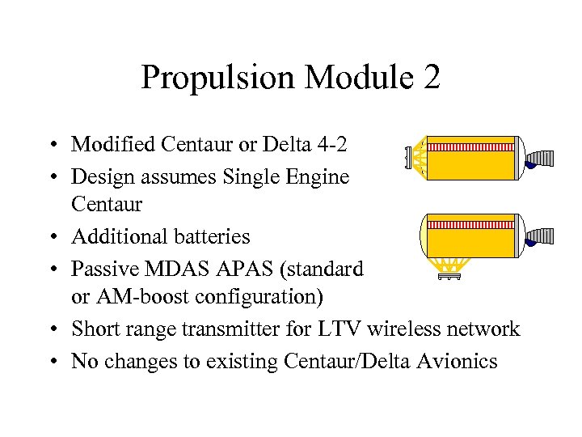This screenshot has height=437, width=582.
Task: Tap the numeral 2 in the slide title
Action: click(x=431, y=78)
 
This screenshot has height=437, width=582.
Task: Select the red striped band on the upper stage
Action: click(x=470, y=147)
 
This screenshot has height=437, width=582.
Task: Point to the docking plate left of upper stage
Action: click(x=407, y=157)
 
